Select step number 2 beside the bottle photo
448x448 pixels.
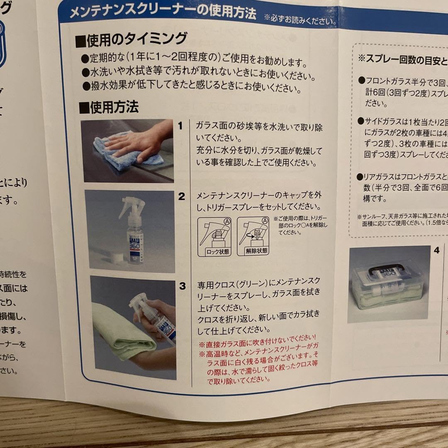[x=181, y=196]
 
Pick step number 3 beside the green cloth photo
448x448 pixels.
[x=183, y=285]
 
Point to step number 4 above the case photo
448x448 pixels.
[x=436, y=250]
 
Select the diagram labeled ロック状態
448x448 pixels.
[x=213, y=236]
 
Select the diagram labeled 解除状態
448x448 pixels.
[x=253, y=236]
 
